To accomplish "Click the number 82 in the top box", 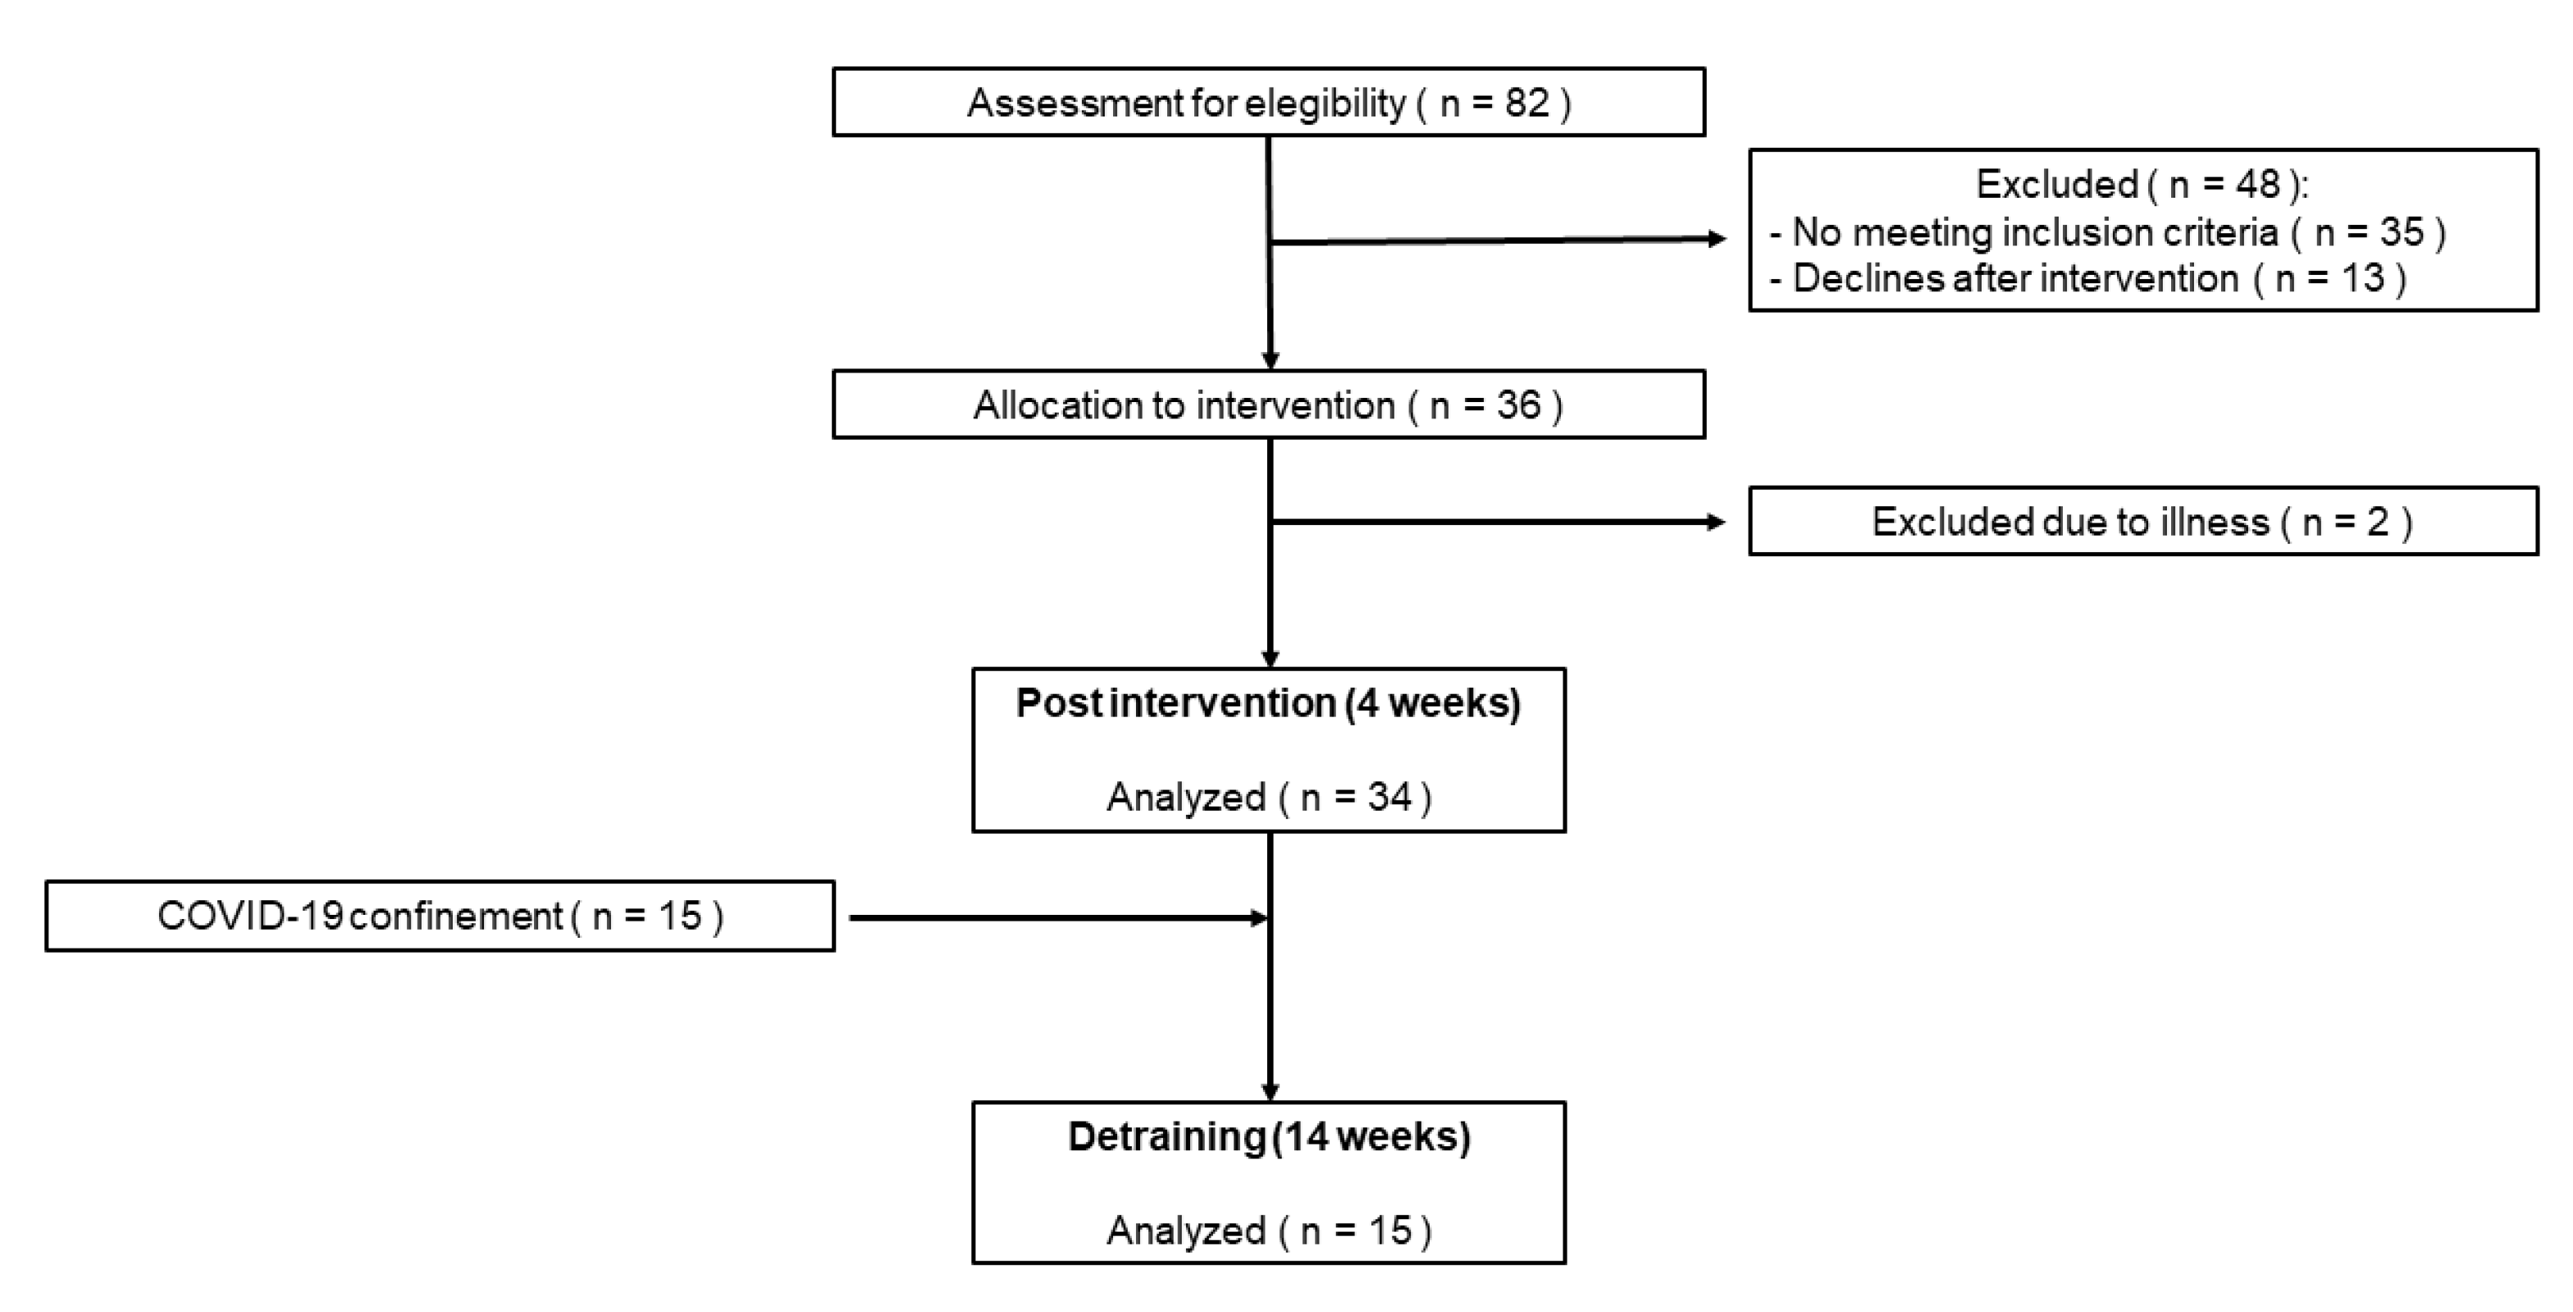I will tap(1526, 103).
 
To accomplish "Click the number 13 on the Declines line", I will tap(2363, 278).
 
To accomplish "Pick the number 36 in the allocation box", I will tap(1518, 405).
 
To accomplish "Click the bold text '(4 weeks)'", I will tap(1432, 703).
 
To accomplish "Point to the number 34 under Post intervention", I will tap(1389, 797).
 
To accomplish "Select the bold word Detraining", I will tap(1166, 1137).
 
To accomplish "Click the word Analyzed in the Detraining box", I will tap(1186, 1230).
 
